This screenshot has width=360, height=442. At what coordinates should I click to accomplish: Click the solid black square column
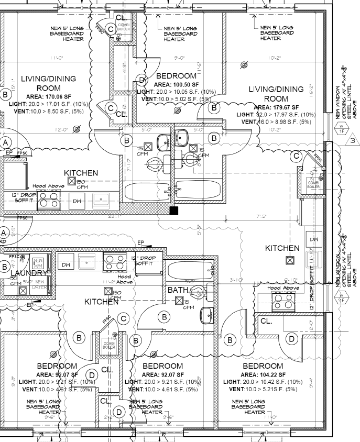click(173, 211)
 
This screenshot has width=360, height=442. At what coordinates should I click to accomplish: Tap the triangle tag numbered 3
click(352, 140)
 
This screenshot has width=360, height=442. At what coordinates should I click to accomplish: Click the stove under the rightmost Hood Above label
click(283, 301)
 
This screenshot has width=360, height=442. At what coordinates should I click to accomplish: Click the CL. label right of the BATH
click(266, 321)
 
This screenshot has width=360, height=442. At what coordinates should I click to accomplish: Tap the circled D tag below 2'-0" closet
click(291, 339)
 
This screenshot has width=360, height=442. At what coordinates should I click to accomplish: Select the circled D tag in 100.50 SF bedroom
click(141, 80)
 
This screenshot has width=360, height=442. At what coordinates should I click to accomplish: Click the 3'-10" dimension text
click(236, 280)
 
